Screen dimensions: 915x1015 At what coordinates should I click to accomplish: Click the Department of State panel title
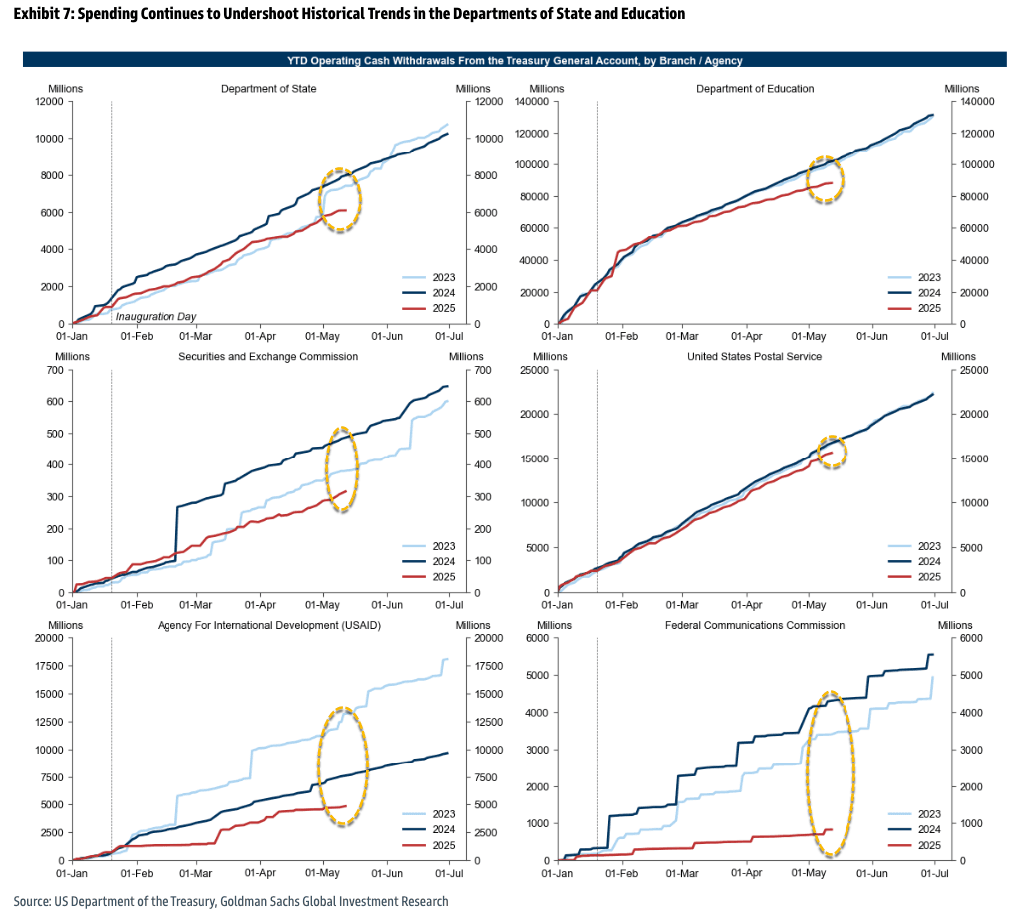(269, 89)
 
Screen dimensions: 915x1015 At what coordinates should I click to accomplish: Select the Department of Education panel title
(756, 89)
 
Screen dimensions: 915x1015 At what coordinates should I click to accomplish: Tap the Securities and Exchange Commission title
(268, 356)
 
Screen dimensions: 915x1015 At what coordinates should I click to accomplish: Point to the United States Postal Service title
(756, 356)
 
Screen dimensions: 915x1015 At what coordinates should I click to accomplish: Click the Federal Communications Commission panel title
(755, 625)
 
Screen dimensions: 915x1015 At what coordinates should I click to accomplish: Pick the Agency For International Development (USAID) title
(269, 625)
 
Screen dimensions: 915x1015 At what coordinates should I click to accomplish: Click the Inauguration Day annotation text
(157, 316)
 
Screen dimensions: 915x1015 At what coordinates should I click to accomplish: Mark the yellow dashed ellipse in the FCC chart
(831, 774)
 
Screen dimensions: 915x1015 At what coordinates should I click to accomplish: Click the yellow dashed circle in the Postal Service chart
(832, 453)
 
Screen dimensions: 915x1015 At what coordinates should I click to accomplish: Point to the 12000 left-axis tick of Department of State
(49, 102)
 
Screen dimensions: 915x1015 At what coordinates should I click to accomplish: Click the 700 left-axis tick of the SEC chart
(56, 370)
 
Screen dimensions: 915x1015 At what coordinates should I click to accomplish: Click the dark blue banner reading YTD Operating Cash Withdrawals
(507, 60)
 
